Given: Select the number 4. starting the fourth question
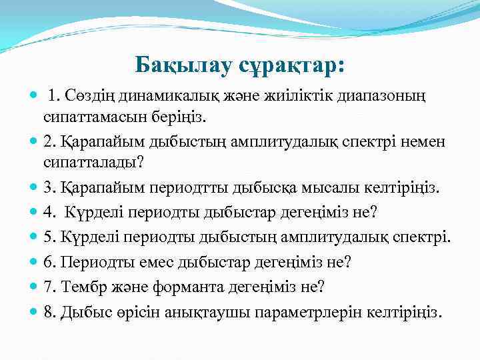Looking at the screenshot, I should coord(49,213).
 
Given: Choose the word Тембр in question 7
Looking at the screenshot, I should coord(79,287).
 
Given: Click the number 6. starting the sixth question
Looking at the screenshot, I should coord(49,262).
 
